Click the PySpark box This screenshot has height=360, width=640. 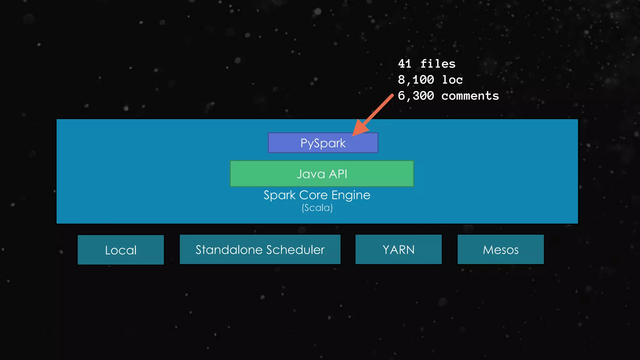point(323,143)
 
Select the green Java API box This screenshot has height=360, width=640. point(322,174)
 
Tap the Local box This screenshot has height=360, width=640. point(121,250)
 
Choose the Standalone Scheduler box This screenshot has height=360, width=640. point(260,250)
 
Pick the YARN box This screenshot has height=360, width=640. point(398,250)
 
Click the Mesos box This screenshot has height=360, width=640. point(501,250)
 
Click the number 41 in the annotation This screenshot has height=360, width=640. point(405,64)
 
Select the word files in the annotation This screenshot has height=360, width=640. point(438,64)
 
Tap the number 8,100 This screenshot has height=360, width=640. point(416,80)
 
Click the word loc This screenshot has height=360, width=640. point(452,80)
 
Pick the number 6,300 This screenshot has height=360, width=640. point(416,96)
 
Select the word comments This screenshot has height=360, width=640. point(470,96)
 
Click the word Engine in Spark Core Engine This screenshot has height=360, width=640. point(351,195)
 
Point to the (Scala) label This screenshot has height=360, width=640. point(317,208)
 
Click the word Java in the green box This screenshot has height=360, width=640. point(311,174)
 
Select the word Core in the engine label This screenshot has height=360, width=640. point(313,195)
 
